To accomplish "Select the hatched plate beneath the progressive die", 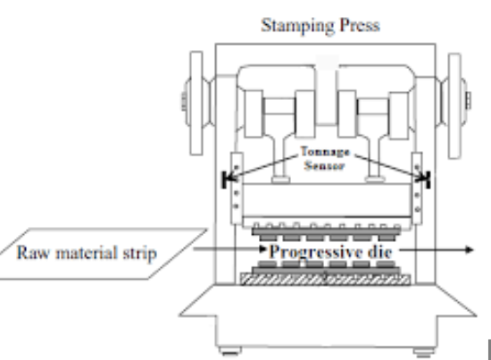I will point(325,278).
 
